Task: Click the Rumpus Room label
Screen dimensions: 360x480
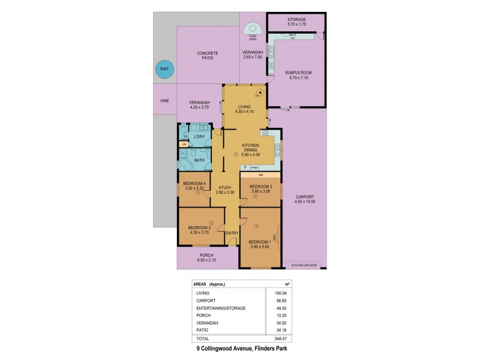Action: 297,74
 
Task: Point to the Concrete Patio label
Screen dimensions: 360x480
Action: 208,56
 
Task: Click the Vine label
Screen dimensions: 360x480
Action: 164,101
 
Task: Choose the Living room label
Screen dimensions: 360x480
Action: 244,109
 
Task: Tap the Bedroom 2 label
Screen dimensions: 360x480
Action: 199,229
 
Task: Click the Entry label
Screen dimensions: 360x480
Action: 232,233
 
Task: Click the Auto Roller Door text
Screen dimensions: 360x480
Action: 302,264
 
